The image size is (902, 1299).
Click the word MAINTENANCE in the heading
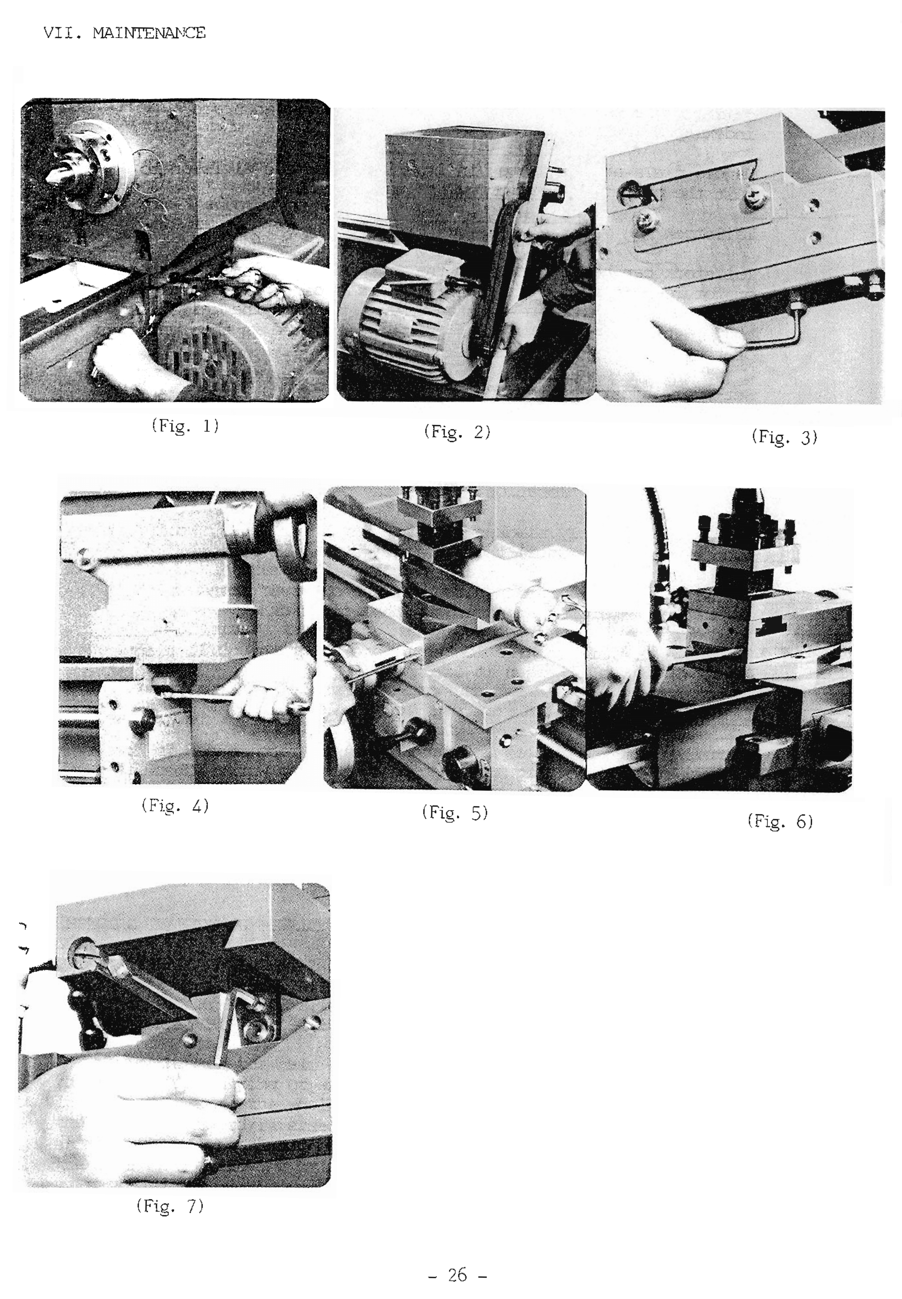(149, 33)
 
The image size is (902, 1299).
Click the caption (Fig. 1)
(185, 425)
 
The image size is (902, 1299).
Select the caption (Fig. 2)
(457, 432)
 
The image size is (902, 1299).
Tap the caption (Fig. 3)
(784, 437)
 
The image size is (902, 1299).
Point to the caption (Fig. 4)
(175, 805)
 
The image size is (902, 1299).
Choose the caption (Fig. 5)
(455, 813)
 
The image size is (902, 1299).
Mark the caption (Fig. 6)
(780, 821)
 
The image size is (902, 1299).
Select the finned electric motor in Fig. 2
(407, 316)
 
